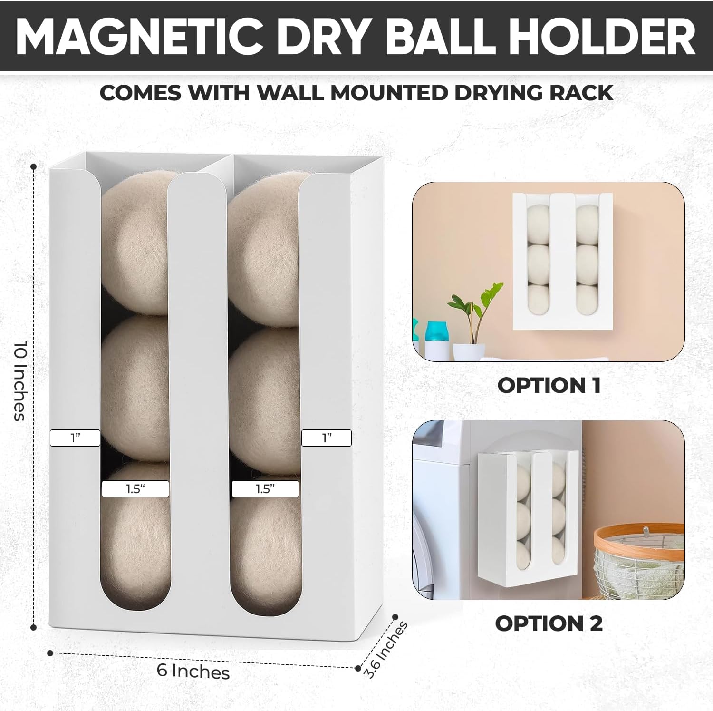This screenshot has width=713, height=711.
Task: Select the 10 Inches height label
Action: (x=19, y=380)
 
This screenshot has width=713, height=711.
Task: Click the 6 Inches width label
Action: (x=193, y=671)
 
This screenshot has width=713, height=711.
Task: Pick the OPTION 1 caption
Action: (x=549, y=385)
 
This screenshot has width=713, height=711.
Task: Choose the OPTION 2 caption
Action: (x=549, y=623)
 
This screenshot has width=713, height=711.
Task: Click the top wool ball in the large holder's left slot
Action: (x=135, y=243)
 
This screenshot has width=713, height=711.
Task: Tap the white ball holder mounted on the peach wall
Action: (x=562, y=262)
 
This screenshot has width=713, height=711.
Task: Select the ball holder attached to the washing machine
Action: (x=528, y=518)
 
